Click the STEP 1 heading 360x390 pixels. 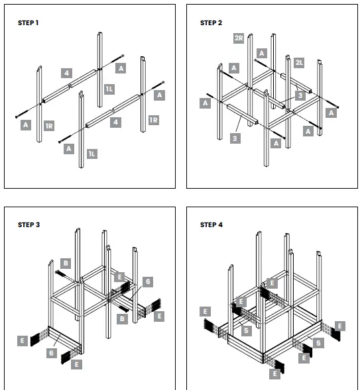tap(28, 23)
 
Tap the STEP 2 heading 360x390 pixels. tap(211, 23)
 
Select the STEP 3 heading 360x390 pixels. tap(29, 225)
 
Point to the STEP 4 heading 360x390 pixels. tap(211, 225)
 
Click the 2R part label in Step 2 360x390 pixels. tap(239, 38)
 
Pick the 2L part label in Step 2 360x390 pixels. tap(299, 62)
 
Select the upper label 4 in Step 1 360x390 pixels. tap(66, 73)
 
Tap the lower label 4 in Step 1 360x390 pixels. tap(116, 122)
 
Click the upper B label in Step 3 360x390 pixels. tap(66, 263)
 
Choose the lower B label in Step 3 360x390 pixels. tap(122, 319)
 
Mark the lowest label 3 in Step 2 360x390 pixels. tap(235, 138)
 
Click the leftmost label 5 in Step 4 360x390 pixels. tap(246, 330)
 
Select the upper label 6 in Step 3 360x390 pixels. tap(148, 281)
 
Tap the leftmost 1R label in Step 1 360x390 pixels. tap(49, 126)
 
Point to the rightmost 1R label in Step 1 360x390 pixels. tap(154, 120)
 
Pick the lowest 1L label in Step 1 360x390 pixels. tap(92, 154)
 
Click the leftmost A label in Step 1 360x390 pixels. tap(26, 125)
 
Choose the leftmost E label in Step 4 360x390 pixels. tap(205, 311)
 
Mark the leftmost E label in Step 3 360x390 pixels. tap(23, 340)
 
